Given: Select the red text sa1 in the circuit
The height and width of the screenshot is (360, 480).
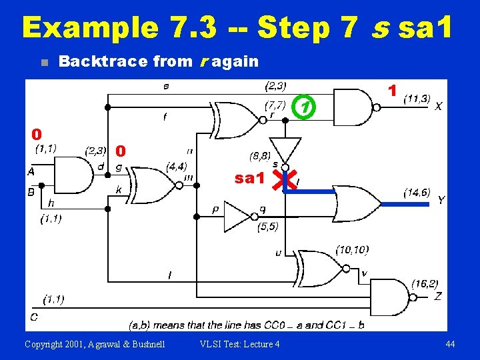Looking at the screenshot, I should click(x=250, y=179).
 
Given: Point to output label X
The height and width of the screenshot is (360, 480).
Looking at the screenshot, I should click(x=438, y=106).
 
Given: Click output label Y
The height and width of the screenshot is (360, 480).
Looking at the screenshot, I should click(x=441, y=201).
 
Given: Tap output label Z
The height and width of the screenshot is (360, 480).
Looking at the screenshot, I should click(x=437, y=296).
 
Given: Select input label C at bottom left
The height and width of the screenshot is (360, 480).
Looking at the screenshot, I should click(x=33, y=316).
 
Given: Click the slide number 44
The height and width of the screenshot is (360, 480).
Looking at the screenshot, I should click(x=451, y=344).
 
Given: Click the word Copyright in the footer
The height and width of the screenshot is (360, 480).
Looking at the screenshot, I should click(x=49, y=344).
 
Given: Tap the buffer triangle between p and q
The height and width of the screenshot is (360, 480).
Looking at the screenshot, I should click(x=237, y=216).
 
